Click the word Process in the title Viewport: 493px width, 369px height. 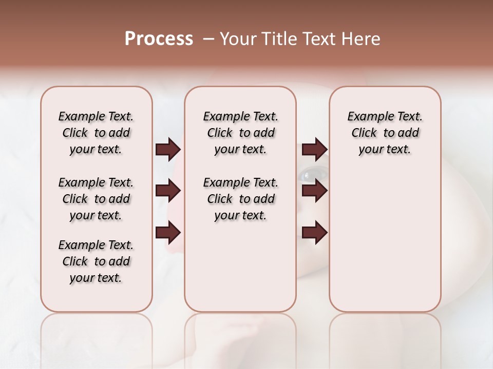(159, 39)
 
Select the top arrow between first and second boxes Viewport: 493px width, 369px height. (168, 150)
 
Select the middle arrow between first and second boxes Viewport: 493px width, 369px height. (168, 191)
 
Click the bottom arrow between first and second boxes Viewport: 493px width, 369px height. (168, 233)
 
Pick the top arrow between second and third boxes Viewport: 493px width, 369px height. (314, 150)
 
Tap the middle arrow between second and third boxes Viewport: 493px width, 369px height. (314, 191)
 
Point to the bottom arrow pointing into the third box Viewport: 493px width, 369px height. (314, 233)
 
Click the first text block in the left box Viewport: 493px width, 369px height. (96, 133)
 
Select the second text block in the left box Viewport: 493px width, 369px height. (96, 199)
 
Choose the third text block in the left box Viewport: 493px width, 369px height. (96, 261)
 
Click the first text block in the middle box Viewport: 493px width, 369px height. (240, 133)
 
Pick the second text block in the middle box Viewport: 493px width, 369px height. (240, 199)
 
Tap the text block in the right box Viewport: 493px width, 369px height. (385, 133)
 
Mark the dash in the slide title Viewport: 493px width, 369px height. (208, 39)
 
